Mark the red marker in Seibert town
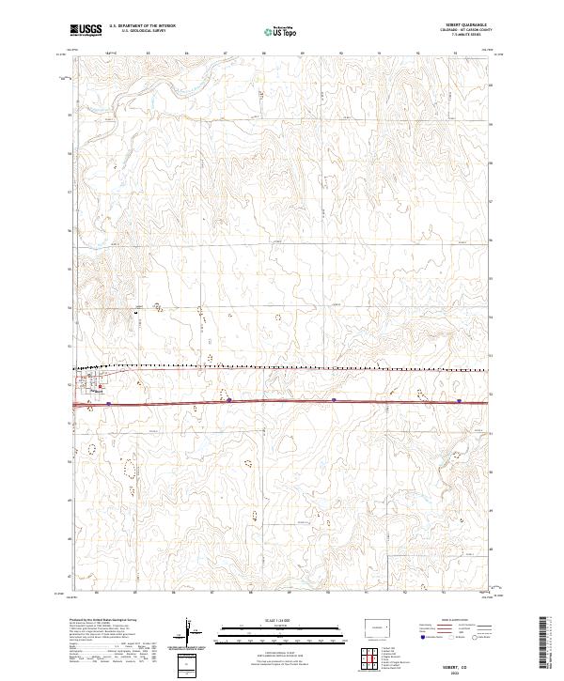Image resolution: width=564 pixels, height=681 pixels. click(100, 386)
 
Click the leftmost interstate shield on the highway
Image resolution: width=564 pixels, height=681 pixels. click(109, 403)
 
